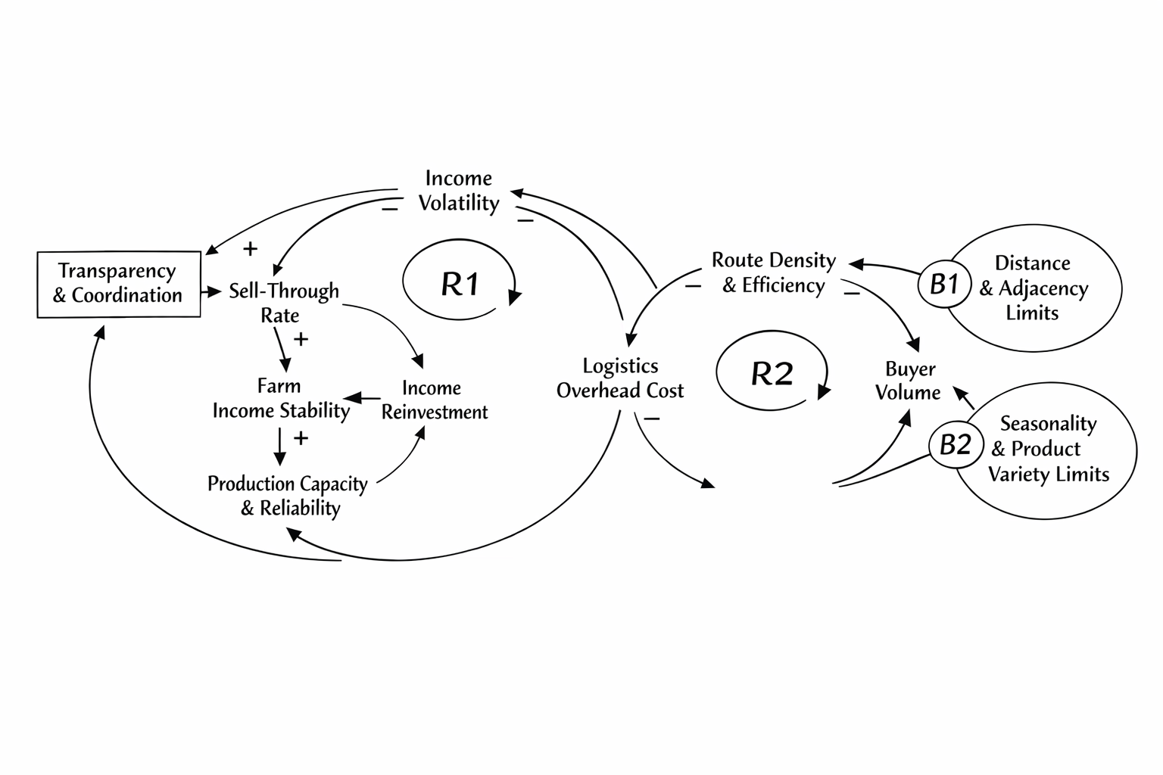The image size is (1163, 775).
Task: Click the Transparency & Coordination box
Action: click(119, 284)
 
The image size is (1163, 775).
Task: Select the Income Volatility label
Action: click(459, 191)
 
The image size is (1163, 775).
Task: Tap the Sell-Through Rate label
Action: click(283, 303)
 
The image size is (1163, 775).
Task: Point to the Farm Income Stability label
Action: click(280, 399)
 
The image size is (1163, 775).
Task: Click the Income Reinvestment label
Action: click(434, 400)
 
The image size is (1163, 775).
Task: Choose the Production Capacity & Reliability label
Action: click(288, 496)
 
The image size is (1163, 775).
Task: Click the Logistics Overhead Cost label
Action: click(620, 378)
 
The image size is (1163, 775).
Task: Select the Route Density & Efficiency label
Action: click(773, 272)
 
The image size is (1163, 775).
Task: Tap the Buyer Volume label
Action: click(909, 381)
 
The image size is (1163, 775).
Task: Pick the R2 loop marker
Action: click(772, 373)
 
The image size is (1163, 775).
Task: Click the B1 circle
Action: click(944, 285)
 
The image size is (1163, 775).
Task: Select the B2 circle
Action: click(955, 444)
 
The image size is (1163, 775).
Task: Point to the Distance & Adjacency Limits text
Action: click(1033, 288)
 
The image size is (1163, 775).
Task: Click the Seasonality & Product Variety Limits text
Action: click(1048, 449)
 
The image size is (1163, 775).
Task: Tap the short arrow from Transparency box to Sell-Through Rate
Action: click(211, 291)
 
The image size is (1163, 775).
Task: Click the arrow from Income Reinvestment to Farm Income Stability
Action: click(363, 397)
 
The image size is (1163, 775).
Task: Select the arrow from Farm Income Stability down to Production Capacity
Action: click(280, 447)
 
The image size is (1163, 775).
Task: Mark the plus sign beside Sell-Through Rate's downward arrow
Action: click(301, 339)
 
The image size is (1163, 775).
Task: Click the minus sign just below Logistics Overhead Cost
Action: click(651, 419)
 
